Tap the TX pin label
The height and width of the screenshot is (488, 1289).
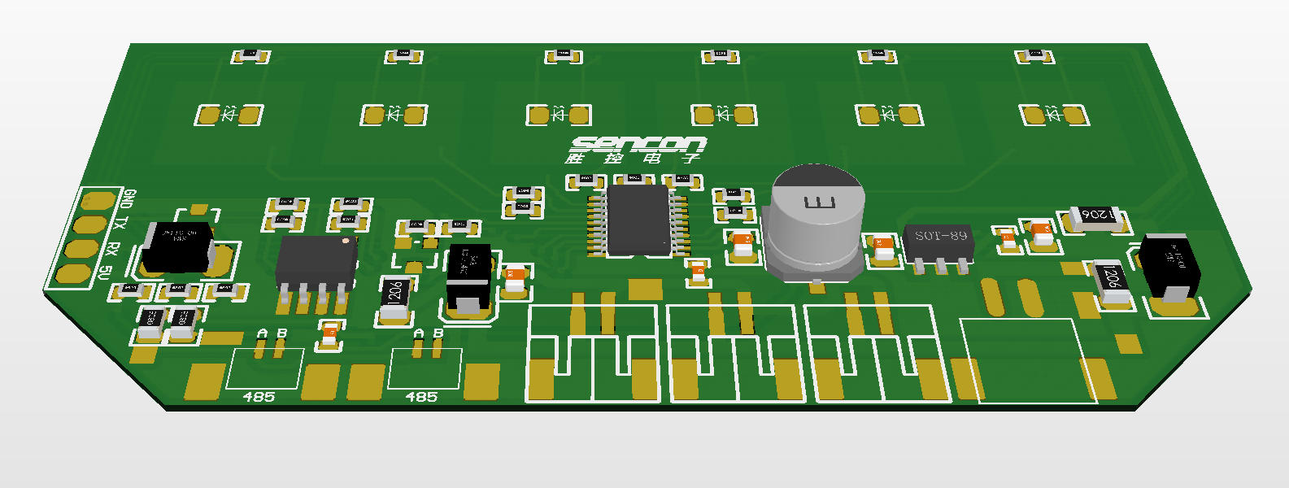[x=121, y=224]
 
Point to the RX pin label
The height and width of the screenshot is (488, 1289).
[x=114, y=249]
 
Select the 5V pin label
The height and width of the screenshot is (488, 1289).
[x=104, y=272]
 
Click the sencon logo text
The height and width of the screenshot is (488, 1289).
[x=638, y=144]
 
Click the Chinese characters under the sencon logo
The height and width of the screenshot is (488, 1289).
[x=634, y=158]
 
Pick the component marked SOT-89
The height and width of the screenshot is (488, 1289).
[x=940, y=243]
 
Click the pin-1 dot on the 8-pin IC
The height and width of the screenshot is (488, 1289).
[x=346, y=241]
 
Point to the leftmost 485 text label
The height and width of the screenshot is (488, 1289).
[x=259, y=397]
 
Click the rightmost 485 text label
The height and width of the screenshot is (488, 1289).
[x=421, y=397]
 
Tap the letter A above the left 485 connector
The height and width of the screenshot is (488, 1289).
[x=262, y=333]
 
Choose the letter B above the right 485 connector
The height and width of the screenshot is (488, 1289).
[x=438, y=333]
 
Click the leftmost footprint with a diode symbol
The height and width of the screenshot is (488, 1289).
[x=229, y=115]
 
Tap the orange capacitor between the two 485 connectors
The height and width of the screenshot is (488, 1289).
[x=329, y=333]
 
